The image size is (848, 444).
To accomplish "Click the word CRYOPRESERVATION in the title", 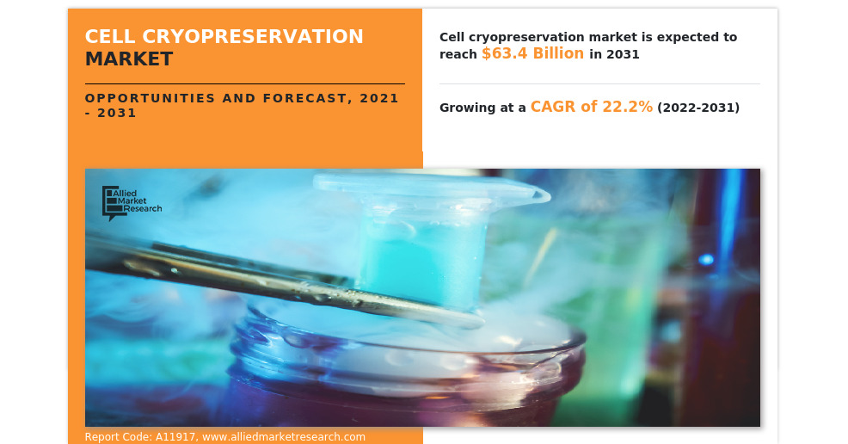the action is click(253, 36).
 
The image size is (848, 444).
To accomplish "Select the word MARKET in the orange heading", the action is click(129, 59).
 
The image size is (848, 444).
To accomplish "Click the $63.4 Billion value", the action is click(532, 53).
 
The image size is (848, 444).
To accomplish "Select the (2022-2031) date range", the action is click(698, 108).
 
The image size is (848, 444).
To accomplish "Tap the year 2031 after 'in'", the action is click(623, 54).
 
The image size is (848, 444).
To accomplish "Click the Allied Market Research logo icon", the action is click(110, 203).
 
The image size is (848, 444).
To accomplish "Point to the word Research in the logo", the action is click(142, 209).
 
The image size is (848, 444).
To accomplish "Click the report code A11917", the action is click(175, 436).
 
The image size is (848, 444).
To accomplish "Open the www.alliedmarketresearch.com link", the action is click(284, 436).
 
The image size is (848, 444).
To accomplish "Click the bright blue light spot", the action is click(706, 260).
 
